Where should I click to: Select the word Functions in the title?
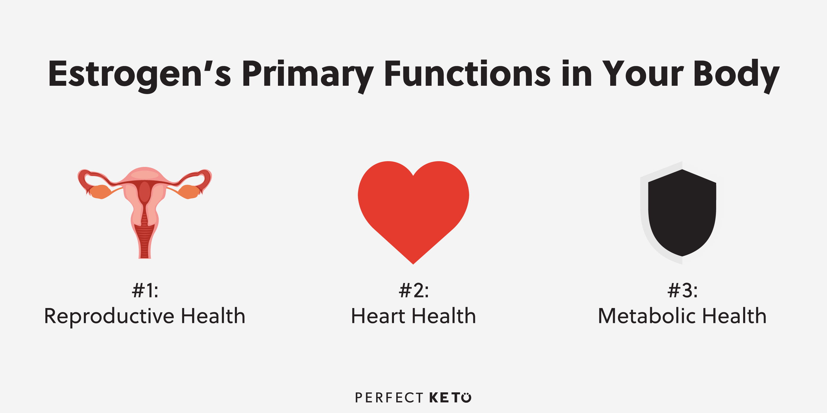pos(467,74)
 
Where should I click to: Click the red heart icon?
pos(413,212)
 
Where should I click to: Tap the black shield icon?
pos(682,213)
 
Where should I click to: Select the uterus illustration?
pos(145,213)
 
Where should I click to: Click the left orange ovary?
pos(100,192)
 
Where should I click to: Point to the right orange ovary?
pos(189,192)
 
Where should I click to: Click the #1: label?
pos(145,291)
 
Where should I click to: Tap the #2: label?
pos(413,291)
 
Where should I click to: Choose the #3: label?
pos(683,291)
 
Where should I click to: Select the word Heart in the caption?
pos(378,316)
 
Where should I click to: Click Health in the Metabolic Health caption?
pos(735,316)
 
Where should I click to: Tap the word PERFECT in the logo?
pos(389,398)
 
